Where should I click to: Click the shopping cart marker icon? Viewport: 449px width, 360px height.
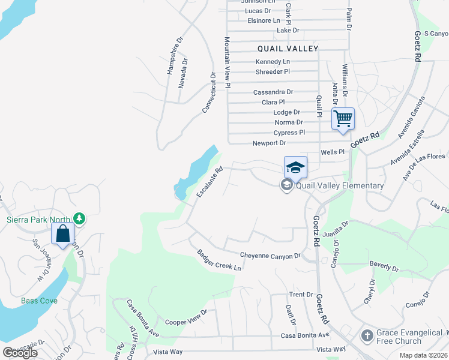click(x=343, y=118)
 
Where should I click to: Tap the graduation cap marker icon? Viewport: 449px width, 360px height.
click(x=295, y=167)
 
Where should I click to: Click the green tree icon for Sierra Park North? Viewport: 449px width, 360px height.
click(x=79, y=217)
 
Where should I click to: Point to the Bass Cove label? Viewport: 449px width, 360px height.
click(x=39, y=300)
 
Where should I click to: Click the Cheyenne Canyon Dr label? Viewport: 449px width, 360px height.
click(x=270, y=256)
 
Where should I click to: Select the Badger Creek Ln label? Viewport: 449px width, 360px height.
click(x=219, y=260)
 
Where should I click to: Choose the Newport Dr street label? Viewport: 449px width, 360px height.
click(x=269, y=143)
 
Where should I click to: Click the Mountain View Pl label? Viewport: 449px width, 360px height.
click(x=228, y=62)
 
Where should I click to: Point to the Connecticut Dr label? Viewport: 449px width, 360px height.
click(x=208, y=93)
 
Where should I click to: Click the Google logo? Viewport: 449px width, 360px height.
click(x=20, y=353)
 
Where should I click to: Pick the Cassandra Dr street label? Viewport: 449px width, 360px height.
click(x=273, y=92)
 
